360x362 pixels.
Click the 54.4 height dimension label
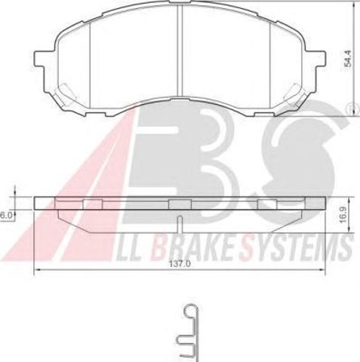pos(347,58)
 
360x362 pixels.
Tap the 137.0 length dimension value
pos(180,264)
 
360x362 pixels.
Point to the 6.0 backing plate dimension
pos(6,216)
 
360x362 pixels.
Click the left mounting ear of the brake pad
pos(39,59)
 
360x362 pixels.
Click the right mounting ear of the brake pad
pos(320,59)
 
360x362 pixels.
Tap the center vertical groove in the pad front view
pos(180,51)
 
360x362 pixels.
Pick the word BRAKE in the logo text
pos(194,250)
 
